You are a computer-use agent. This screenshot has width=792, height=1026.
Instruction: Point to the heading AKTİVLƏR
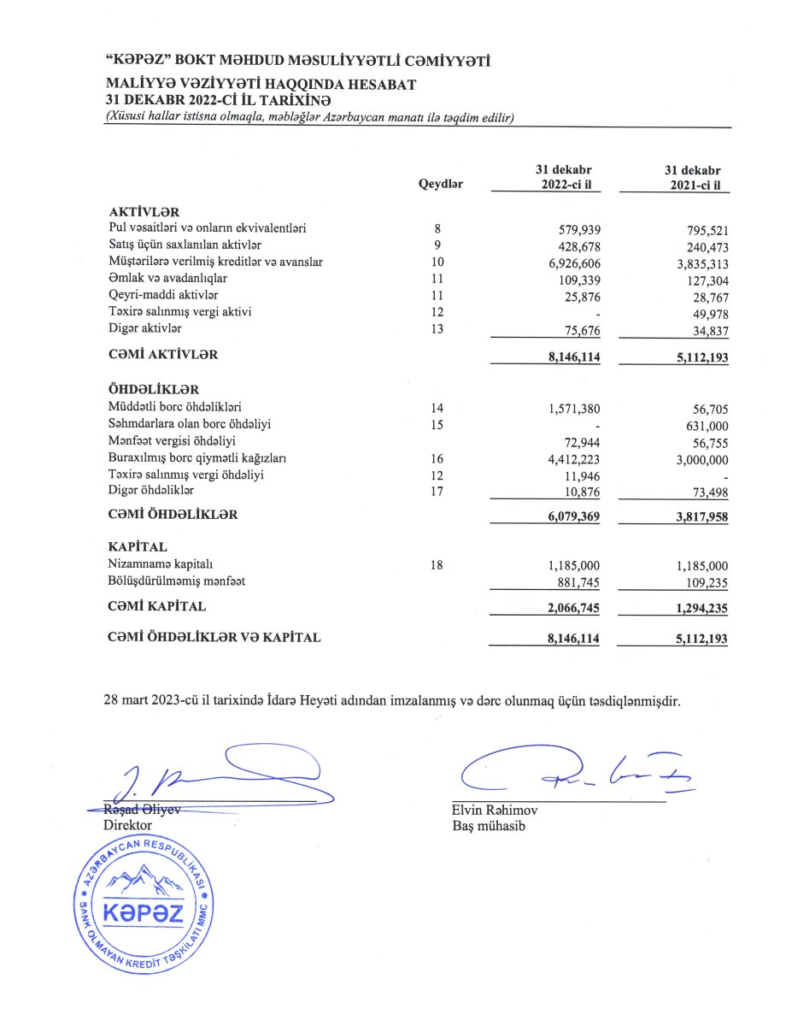pyautogui.click(x=144, y=211)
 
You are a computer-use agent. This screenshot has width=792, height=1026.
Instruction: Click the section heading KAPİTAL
pyautogui.click(x=138, y=545)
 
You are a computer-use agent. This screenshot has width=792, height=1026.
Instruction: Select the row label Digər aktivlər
pyautogui.click(x=145, y=328)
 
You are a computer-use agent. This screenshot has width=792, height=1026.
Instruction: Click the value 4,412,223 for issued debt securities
pyautogui.click(x=574, y=459)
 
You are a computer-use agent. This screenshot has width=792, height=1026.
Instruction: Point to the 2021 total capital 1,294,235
pyautogui.click(x=695, y=608)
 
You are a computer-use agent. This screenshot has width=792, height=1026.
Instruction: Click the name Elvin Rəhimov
pyautogui.click(x=496, y=811)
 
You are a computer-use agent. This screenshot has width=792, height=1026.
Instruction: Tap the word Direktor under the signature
pyautogui.click(x=127, y=825)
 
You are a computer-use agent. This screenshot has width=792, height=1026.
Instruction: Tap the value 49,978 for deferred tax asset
pyautogui.click(x=707, y=312)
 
